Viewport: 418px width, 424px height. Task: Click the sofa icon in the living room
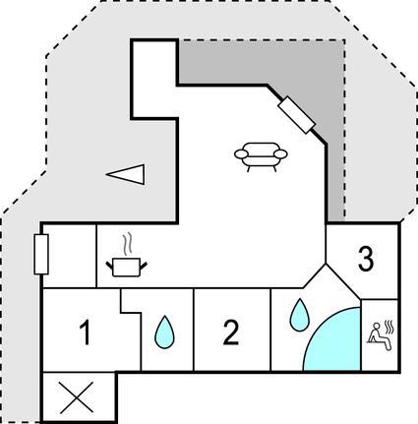pos(261,156)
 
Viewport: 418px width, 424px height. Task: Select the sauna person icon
pos(380,335)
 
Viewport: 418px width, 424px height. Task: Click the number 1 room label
pos(86,333)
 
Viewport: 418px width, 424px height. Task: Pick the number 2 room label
pos(231,333)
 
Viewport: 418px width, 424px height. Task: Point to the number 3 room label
pos(366,259)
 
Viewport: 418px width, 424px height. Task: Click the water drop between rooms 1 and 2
pos(164,332)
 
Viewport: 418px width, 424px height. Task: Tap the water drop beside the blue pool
pos(299,315)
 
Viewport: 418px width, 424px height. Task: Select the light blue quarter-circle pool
pos(337,344)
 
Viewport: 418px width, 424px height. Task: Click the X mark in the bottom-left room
pos(77,397)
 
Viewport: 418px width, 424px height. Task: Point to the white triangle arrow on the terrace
pos(125,174)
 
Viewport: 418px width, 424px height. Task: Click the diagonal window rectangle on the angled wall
pos(296,115)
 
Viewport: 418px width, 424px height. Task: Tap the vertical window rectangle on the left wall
pos(41,254)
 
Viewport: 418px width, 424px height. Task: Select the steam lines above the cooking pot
pos(128,243)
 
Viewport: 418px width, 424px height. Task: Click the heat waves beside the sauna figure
pos(388,327)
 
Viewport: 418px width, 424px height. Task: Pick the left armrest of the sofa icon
pos(242,153)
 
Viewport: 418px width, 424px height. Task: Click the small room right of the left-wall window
pos(70,256)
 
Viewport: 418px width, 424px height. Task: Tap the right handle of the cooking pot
pos(144,265)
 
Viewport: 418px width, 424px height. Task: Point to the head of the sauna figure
pos(377,326)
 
